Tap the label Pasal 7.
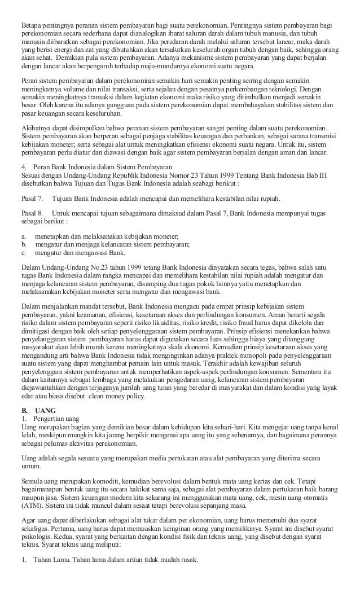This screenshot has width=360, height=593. [x=32, y=199]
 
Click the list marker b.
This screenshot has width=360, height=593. [x=24, y=244]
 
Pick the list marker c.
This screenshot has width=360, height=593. [x=24, y=253]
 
